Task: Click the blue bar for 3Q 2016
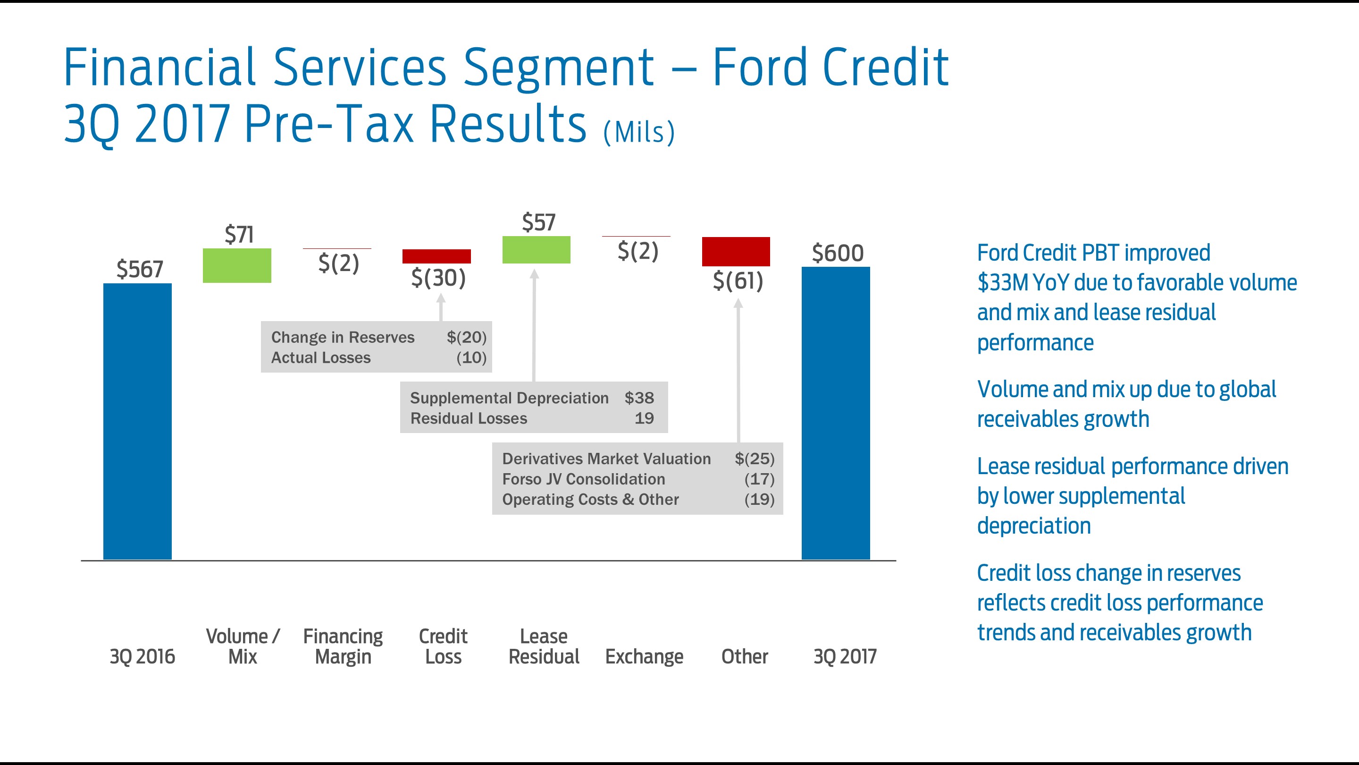click(137, 421)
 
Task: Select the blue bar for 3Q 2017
click(836, 413)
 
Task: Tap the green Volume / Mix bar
click(237, 265)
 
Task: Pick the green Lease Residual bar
click(536, 250)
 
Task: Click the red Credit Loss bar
click(436, 256)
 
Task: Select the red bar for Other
click(736, 251)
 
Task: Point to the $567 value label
click(140, 269)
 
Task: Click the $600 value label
click(838, 253)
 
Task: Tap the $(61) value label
click(738, 280)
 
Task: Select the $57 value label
click(538, 222)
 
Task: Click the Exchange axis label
click(644, 656)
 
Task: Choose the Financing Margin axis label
click(343, 646)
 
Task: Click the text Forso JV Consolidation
click(584, 479)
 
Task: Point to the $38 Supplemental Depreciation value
click(639, 398)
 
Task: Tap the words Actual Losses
click(321, 357)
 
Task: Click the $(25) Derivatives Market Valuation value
click(755, 458)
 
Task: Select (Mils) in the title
click(639, 132)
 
